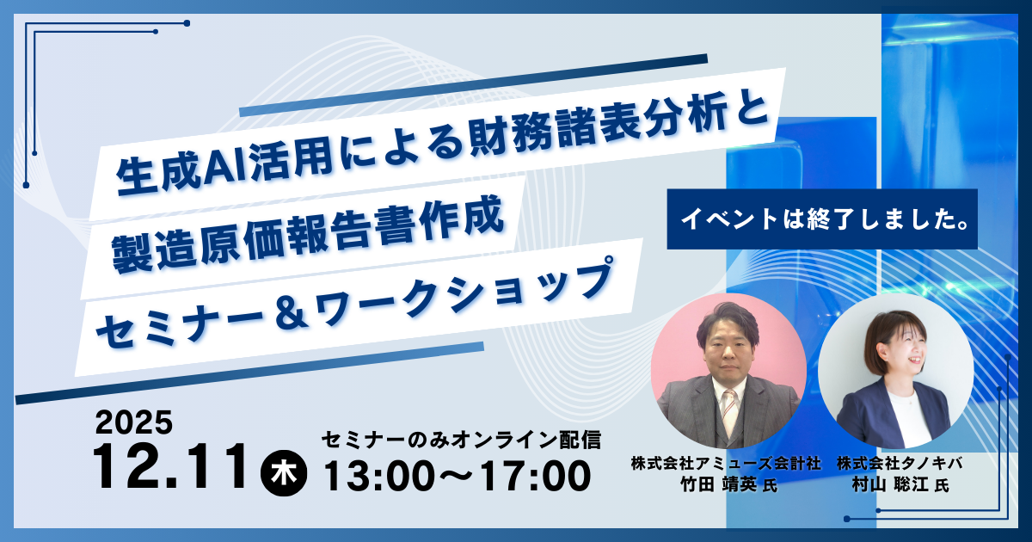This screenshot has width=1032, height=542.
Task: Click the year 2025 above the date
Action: pyautogui.click(x=134, y=422)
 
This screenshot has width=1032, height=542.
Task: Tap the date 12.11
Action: pyautogui.click(x=170, y=467)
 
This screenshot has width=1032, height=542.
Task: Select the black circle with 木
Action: pyautogui.click(x=284, y=473)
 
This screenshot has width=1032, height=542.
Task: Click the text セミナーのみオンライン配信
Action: pyautogui.click(x=461, y=440)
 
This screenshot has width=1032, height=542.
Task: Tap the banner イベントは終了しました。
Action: pyautogui.click(x=822, y=219)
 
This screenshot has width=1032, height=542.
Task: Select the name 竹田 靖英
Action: pyautogui.click(x=719, y=484)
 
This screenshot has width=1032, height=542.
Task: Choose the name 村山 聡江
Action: pyautogui.click(x=889, y=484)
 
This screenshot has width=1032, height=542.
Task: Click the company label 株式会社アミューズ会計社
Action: pyautogui.click(x=726, y=463)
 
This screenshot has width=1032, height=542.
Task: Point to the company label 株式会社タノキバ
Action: pyautogui.click(x=900, y=463)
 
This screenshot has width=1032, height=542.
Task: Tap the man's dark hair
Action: pyautogui.click(x=728, y=323)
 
